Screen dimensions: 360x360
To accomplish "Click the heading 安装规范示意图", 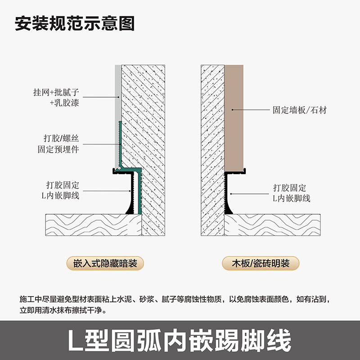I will point(75,23).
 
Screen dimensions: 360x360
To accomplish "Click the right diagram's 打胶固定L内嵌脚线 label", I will point(292,193).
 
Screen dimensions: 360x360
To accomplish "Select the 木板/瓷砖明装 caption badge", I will point(261,263).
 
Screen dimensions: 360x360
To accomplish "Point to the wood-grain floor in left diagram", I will point(90,224).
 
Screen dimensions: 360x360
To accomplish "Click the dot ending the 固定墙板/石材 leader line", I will point(232,109).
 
